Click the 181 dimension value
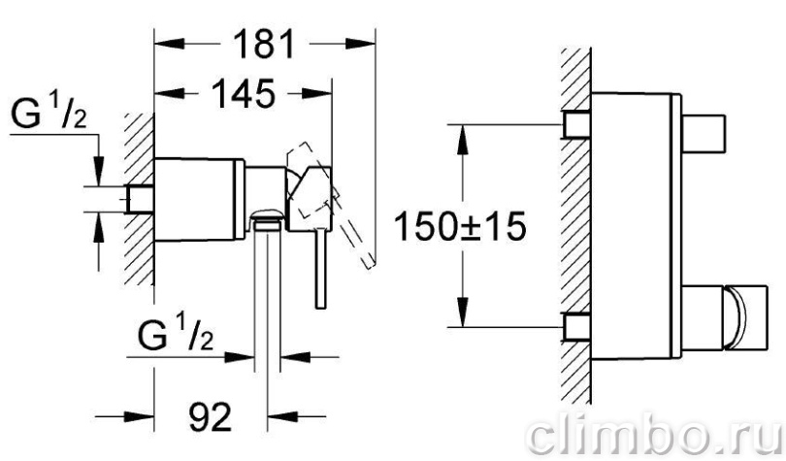click(x=264, y=44)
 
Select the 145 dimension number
click(x=244, y=94)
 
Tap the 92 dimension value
click(x=210, y=416)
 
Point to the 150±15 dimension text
click(x=460, y=226)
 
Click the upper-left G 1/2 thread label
click(x=49, y=115)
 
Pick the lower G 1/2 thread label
click(x=176, y=336)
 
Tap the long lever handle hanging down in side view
click(x=321, y=268)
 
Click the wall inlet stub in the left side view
click(x=141, y=199)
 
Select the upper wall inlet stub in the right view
click(x=577, y=124)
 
